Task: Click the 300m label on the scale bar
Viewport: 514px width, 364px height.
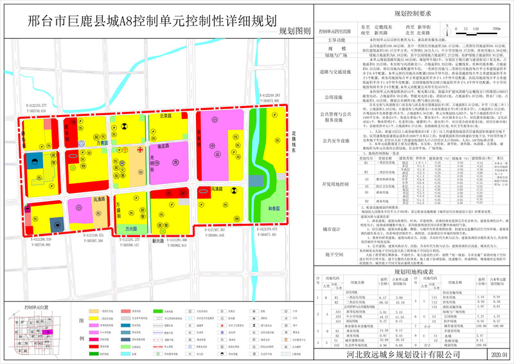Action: (497, 29)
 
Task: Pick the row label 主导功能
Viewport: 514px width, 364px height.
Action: (333, 41)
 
